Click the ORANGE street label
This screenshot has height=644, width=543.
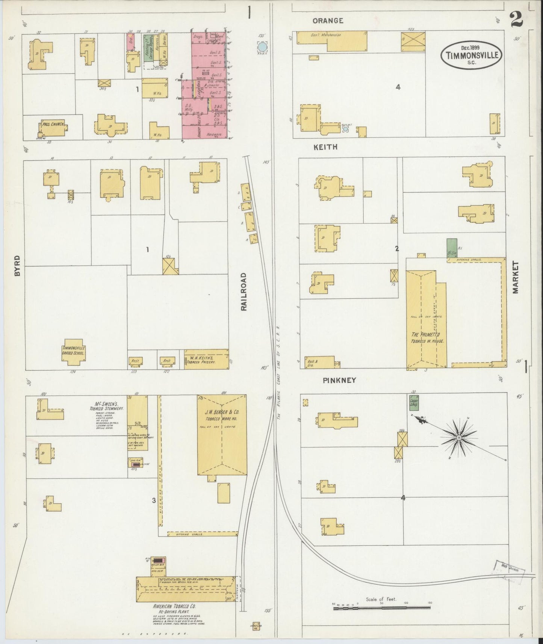[x=328, y=21]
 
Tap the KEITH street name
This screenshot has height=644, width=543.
[x=325, y=147]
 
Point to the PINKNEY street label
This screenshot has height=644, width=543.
[x=339, y=380]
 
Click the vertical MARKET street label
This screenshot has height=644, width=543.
[x=515, y=278]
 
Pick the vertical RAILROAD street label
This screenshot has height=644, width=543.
[x=244, y=292]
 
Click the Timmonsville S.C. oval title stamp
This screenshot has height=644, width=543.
[x=471, y=55]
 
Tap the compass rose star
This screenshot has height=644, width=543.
[x=459, y=438]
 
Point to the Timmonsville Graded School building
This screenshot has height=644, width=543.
[x=74, y=353]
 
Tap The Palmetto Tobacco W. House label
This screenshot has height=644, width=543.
[x=425, y=337]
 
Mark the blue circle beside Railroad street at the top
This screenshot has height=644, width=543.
[x=262, y=47]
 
